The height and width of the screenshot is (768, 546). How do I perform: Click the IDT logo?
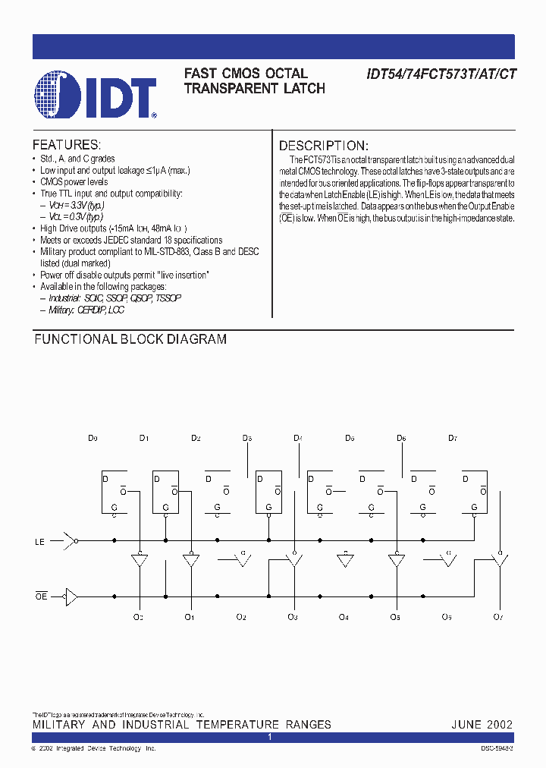point(96,95)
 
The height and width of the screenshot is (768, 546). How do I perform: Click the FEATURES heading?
point(66,145)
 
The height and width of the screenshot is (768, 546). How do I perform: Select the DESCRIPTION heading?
point(323,146)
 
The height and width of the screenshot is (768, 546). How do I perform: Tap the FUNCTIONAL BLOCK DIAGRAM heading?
point(130,339)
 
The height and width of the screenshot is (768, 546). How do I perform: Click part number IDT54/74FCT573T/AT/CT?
point(441,74)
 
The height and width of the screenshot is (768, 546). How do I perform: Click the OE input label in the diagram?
point(41,596)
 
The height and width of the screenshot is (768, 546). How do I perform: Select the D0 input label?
point(93,439)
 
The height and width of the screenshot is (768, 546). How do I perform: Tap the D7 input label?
point(453,439)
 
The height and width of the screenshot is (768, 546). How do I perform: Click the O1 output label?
point(190,617)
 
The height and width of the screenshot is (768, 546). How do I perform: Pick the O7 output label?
point(497,617)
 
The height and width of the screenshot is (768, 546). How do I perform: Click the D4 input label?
point(298,439)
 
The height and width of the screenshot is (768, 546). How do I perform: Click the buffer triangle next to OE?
point(71,596)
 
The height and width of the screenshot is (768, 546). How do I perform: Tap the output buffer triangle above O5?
point(395,562)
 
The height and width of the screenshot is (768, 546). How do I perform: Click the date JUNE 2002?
point(482,724)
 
